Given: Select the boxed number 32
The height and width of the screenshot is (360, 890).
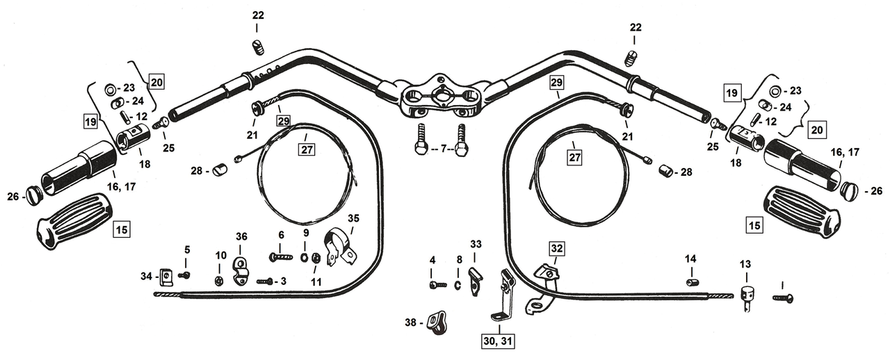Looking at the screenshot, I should click(x=558, y=248).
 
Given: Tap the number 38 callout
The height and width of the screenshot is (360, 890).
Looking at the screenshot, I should click(x=412, y=322).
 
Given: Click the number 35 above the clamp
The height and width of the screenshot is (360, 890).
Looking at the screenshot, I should click(x=354, y=218).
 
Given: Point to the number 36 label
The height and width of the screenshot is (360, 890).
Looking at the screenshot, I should click(x=241, y=237).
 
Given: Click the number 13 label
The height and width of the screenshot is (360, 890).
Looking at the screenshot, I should click(x=745, y=264).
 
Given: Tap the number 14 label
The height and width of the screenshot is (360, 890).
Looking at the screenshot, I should click(x=690, y=259).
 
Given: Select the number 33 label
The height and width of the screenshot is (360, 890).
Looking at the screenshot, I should click(x=476, y=244).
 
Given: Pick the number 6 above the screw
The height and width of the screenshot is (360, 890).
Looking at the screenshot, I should click(x=281, y=235).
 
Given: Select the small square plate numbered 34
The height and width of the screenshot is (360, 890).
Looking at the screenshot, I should click(x=166, y=277).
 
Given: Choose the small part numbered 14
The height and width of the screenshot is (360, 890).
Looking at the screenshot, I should click(x=690, y=281).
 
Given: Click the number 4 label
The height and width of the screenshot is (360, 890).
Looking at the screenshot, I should click(x=432, y=260).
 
